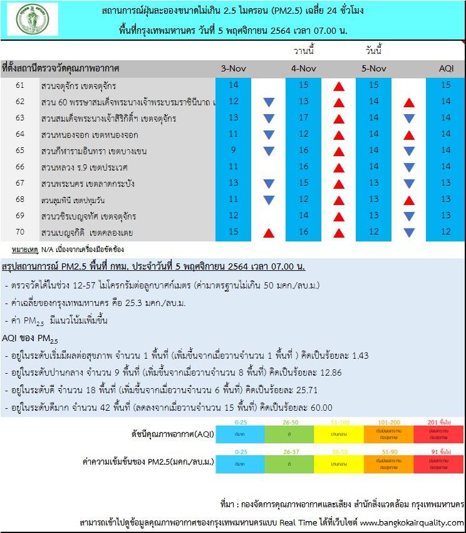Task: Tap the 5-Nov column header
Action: point(374,68)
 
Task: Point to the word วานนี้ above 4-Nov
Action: point(304,50)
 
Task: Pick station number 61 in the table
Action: point(20,85)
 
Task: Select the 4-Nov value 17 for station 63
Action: point(304,118)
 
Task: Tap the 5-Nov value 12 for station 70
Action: point(374,232)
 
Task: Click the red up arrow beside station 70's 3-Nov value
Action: point(269,233)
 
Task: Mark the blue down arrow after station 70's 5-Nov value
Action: point(409,233)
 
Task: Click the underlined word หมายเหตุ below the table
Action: point(23,250)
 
